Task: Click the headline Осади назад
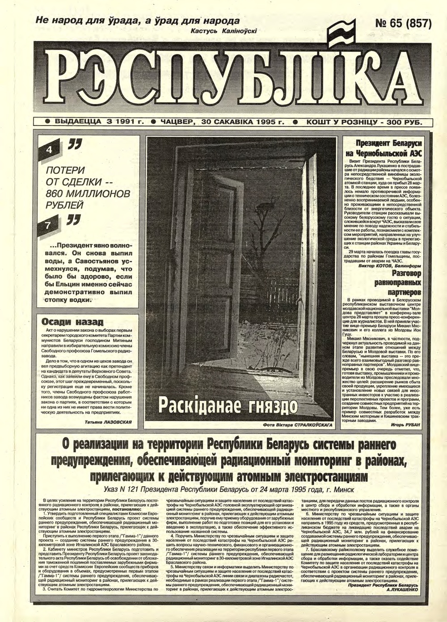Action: [72, 322]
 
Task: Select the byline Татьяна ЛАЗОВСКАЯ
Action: [109, 421]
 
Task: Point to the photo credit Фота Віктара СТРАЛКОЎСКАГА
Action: [298, 425]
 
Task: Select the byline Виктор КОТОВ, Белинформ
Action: [390, 265]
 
